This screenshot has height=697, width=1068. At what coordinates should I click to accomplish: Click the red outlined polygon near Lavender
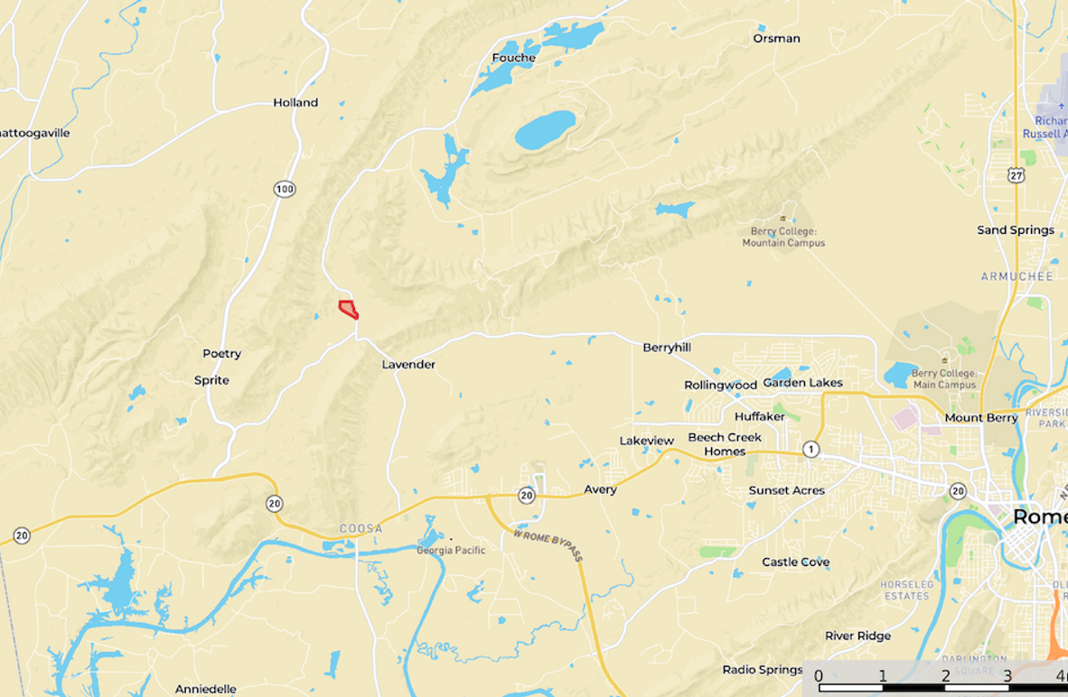point(348,309)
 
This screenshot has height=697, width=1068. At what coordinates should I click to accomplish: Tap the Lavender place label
point(408,365)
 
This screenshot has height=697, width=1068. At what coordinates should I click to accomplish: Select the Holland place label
point(295,103)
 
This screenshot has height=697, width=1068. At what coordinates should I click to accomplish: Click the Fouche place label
point(513,58)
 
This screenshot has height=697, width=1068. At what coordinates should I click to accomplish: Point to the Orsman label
point(776,39)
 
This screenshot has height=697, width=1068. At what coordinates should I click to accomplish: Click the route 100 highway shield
point(285,189)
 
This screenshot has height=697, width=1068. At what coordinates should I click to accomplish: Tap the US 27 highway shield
point(1017,175)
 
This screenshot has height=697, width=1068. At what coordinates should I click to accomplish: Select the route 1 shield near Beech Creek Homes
point(811,449)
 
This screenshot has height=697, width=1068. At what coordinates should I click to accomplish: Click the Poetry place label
point(221,354)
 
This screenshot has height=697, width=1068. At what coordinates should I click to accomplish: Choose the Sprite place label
point(211,380)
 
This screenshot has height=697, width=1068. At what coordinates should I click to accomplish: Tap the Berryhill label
point(667,348)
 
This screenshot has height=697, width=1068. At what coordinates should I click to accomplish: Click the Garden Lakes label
point(802,383)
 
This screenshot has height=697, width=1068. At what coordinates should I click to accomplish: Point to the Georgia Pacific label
point(451,550)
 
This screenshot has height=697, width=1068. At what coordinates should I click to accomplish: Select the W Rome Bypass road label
point(548,545)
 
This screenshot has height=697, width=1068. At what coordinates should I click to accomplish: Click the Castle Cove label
point(795,562)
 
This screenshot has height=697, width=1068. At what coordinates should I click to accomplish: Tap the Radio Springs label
point(762,670)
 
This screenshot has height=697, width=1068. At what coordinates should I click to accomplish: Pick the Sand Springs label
point(1016,230)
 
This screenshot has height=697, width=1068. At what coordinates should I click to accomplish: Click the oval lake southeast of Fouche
point(545,130)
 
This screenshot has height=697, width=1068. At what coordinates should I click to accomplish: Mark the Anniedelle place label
point(206,689)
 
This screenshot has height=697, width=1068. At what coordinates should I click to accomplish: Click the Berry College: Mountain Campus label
point(783,237)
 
